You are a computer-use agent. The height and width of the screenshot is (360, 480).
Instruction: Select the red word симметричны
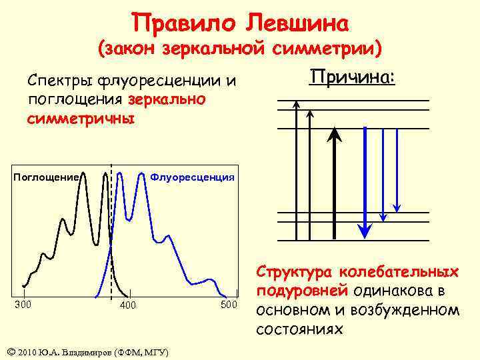[81, 119]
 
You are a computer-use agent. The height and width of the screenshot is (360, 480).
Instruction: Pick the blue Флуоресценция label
[192, 177]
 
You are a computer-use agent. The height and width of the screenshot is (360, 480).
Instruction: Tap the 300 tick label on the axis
[24, 305]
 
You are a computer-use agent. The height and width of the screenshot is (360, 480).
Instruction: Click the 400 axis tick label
[127, 305]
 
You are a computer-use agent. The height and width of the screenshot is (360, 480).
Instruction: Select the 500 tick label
[229, 305]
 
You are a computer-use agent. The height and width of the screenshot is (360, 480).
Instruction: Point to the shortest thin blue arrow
[397, 167]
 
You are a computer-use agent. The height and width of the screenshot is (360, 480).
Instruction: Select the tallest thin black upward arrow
[297, 167]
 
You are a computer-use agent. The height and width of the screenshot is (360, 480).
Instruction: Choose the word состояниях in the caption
[300, 329]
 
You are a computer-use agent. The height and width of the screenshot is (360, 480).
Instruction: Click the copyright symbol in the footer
[9, 351]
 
